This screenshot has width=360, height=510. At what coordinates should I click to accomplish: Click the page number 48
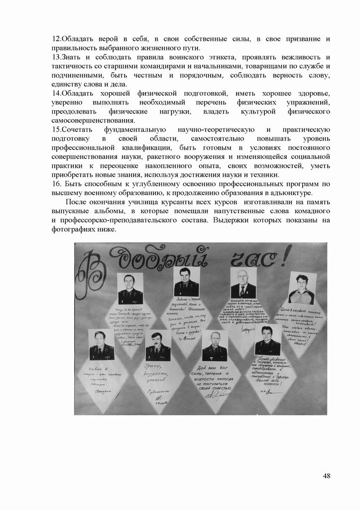(327, 476)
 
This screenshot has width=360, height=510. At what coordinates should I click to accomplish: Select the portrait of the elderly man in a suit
(243, 283)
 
